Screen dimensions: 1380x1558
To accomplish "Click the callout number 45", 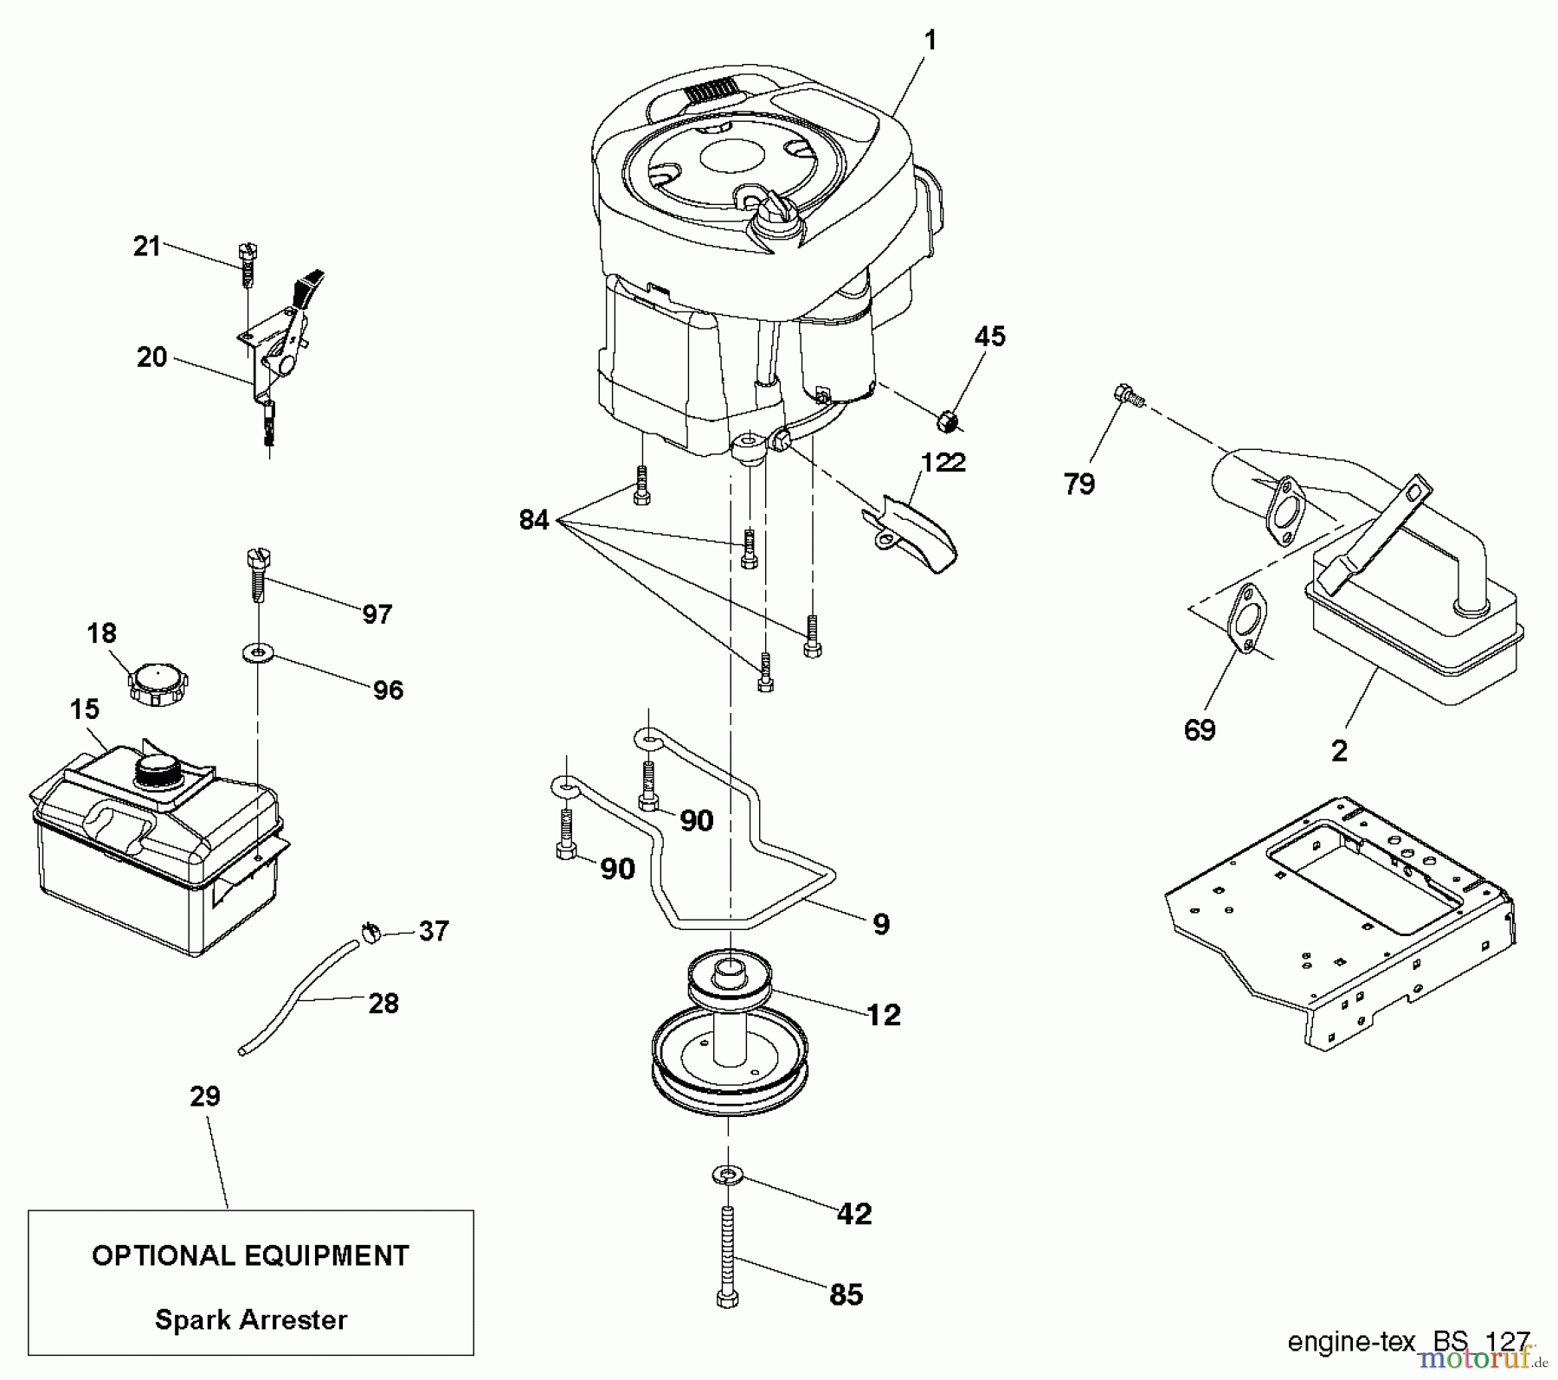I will [990, 337].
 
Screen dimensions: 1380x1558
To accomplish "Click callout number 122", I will [943, 463].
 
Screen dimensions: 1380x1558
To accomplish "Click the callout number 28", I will [383, 1004].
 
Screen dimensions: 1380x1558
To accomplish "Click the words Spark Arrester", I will [251, 1319].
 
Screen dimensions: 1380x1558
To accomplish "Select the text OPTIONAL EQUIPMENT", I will [250, 1255].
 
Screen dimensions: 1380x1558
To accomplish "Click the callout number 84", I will [534, 520].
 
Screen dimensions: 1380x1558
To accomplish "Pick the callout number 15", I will [85, 709].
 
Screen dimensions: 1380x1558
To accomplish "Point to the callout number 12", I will [883, 1014].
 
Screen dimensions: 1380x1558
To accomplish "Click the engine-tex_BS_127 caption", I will [1408, 1341].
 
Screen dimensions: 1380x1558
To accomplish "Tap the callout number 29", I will [205, 1096].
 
